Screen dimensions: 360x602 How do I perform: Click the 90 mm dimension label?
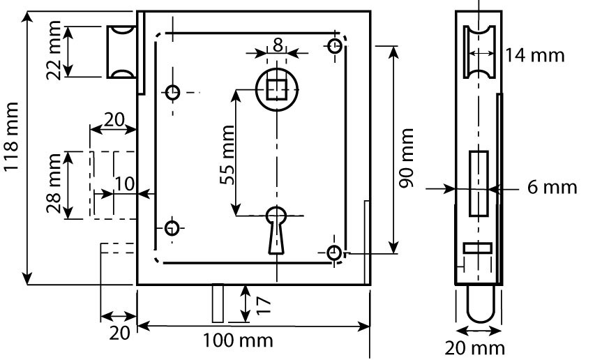point(407,158)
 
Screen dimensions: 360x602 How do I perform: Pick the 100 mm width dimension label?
point(238,342)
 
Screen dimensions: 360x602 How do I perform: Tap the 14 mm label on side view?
point(536,54)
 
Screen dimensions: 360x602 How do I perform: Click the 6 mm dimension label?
point(552,187)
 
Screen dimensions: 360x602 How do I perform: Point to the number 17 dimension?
point(263,303)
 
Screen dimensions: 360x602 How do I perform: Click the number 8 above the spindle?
point(278,45)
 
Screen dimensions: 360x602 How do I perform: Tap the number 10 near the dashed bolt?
point(124,183)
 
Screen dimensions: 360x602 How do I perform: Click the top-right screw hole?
point(336,46)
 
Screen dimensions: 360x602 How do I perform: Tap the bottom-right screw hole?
point(335,253)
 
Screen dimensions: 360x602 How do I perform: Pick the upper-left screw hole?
point(172,91)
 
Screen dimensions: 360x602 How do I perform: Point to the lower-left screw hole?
point(172,227)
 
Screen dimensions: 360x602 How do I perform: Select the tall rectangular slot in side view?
point(478,183)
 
